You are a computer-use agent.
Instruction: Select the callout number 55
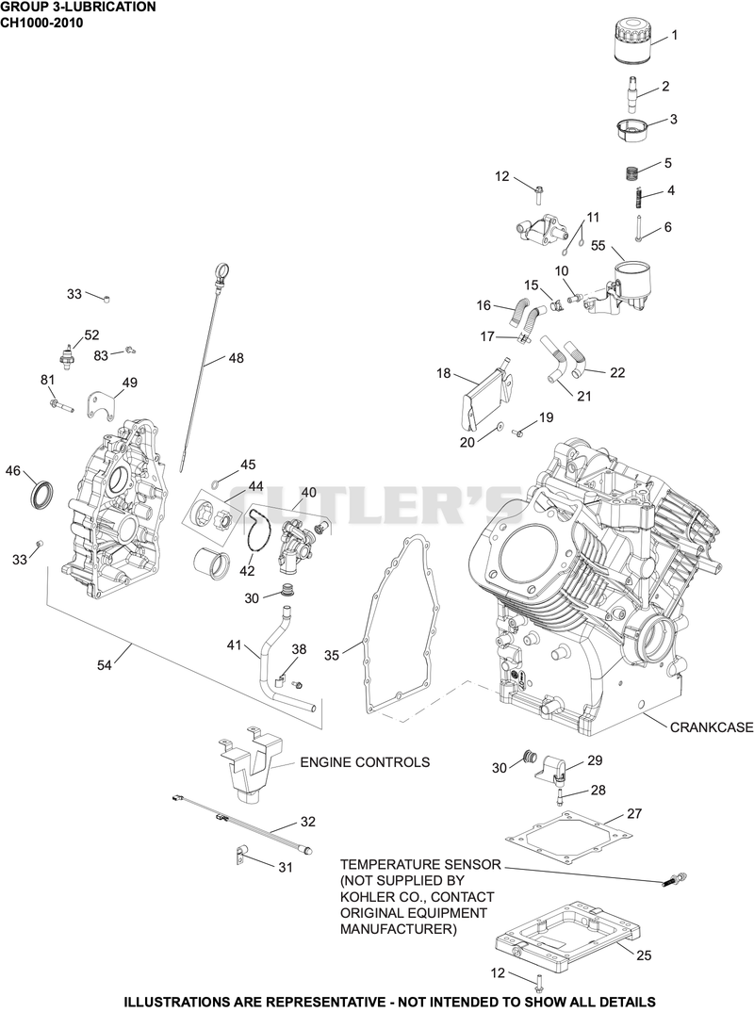click(598, 245)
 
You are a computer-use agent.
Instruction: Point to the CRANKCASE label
click(712, 726)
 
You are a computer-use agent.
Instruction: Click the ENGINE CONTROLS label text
click(365, 762)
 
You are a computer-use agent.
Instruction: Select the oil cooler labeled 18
click(487, 392)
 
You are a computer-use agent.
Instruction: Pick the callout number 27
click(634, 813)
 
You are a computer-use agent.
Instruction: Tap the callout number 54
click(104, 664)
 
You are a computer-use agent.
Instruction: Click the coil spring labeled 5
click(632, 173)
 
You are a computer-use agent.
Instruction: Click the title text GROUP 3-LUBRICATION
click(78, 8)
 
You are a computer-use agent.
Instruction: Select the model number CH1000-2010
click(42, 23)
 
